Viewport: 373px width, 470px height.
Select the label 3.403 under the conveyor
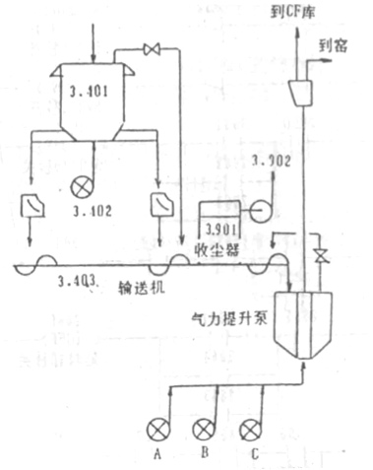coord(77,283)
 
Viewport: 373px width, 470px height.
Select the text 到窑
coord(334,46)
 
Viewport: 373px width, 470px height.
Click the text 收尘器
coord(216,249)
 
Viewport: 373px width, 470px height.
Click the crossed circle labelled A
coord(155,429)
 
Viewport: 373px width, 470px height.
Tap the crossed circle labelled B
coord(203,429)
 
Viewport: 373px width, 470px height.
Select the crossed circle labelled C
coord(252,429)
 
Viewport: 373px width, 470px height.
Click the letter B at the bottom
coord(204,455)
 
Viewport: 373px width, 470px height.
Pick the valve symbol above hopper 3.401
coord(153,49)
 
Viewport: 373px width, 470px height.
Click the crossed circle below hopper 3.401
coord(94,183)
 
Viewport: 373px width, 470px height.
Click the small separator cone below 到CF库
coord(301,91)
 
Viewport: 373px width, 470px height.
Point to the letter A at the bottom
coord(155,455)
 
